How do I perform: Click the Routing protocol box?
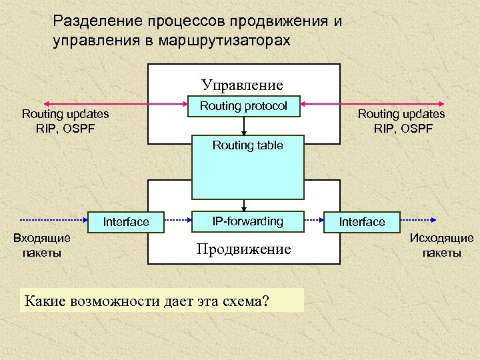pyautogui.click(x=244, y=107)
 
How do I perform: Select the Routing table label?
pyautogui.click(x=247, y=145)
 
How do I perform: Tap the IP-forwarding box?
pyautogui.click(x=247, y=221)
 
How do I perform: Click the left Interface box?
pyautogui.click(x=126, y=222)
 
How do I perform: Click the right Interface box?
pyautogui.click(x=362, y=222)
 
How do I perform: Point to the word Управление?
pyautogui.click(x=243, y=85)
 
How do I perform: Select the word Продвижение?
pyautogui.click(x=243, y=249)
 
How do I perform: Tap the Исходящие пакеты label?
pyautogui.click(x=441, y=245)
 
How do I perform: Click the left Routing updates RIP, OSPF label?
pyautogui.click(x=65, y=121)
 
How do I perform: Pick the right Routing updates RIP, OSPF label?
pyautogui.click(x=401, y=121)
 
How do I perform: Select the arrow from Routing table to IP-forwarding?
pyautogui.click(x=245, y=205)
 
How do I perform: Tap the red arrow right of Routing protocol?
pyautogui.click(x=347, y=103)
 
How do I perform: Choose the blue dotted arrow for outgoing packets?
pyautogui.click(x=420, y=219)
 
